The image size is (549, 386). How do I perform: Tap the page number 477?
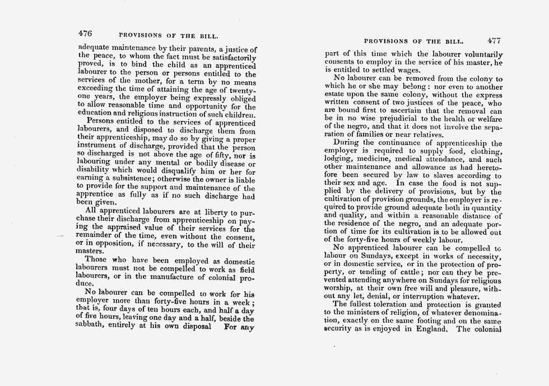click(495, 41)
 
